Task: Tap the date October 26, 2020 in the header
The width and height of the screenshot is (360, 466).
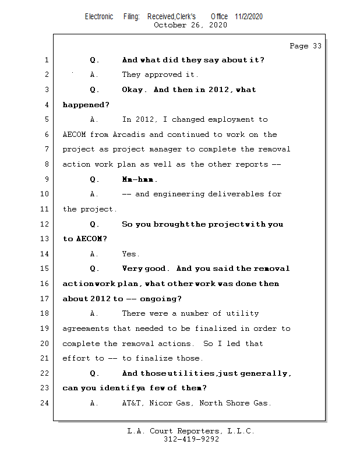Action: click(190, 25)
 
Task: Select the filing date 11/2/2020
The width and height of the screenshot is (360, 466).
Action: click(249, 16)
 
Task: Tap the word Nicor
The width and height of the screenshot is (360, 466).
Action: click(161, 403)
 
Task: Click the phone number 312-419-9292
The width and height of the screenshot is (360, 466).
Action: click(191, 440)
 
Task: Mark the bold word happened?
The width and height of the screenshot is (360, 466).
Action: click(86, 105)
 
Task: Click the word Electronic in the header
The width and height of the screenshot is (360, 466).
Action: click(99, 16)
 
